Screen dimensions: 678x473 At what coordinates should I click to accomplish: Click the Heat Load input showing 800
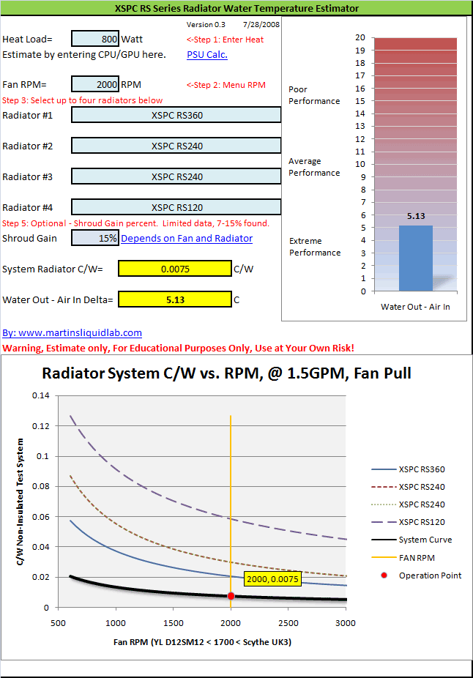(x=96, y=40)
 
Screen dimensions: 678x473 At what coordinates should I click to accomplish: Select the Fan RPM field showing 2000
(x=96, y=84)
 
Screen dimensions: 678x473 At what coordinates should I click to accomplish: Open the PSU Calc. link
(x=207, y=54)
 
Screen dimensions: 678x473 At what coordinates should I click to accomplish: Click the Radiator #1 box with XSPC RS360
(x=176, y=115)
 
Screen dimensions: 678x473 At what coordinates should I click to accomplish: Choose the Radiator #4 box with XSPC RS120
(x=176, y=207)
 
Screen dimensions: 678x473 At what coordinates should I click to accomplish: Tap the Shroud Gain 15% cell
(x=96, y=238)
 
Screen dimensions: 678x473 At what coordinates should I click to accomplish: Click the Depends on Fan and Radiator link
(x=187, y=238)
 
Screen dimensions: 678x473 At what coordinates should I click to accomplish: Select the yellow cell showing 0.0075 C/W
(x=175, y=269)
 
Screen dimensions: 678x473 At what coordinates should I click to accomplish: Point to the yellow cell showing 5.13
(x=175, y=299)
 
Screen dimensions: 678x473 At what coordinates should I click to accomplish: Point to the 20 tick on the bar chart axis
(x=360, y=37)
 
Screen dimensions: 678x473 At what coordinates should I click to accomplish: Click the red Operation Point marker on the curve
(x=231, y=596)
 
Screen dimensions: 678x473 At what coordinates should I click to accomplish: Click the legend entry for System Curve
(x=425, y=540)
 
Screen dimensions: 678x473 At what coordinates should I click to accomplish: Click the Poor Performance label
(x=314, y=95)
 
